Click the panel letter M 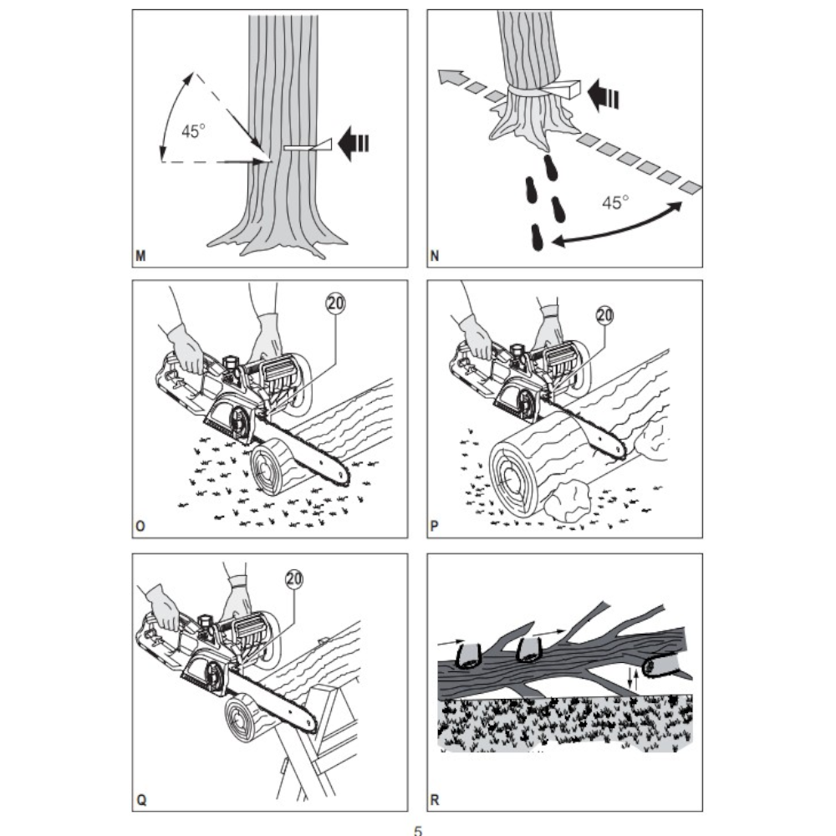(x=140, y=257)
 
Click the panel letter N (x=435, y=257)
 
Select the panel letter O (x=140, y=526)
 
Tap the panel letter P (x=434, y=526)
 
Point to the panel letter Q (x=140, y=800)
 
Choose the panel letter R (x=435, y=800)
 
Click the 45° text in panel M (x=193, y=130)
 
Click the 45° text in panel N (x=615, y=202)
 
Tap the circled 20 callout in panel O (x=335, y=303)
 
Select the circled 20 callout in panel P (x=604, y=315)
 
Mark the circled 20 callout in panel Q (x=293, y=579)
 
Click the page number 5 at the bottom (x=417, y=830)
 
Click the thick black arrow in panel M (x=354, y=144)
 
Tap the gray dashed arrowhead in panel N (x=447, y=76)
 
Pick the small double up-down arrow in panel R (x=632, y=678)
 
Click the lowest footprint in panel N (x=537, y=237)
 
